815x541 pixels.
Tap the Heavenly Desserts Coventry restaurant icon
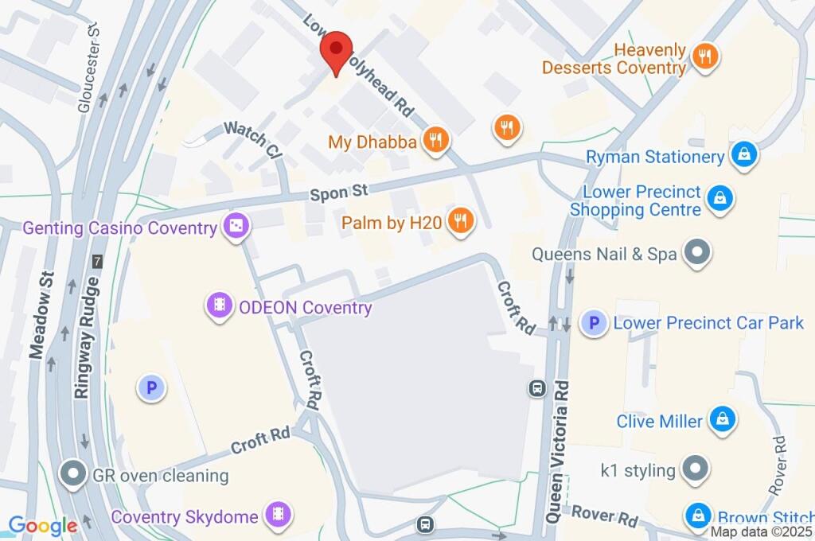pos(705,56)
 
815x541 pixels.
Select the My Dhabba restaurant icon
pos(435,142)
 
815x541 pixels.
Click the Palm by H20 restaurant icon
pos(460,222)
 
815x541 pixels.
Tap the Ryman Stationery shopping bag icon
pos(743,155)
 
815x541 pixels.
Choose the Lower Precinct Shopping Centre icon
pos(719,199)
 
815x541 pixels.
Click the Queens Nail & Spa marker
pos(698,254)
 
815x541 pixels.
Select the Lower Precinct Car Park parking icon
pos(592,322)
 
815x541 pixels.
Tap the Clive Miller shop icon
pos(722,420)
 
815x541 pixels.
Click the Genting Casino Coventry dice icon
pos(236,228)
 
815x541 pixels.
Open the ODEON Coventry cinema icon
pos(220,306)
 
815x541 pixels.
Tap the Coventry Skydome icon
pos(279,514)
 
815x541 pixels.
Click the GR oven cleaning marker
pos(74,475)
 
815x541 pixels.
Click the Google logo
pos(42,525)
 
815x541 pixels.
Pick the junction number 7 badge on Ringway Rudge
pos(97,261)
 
